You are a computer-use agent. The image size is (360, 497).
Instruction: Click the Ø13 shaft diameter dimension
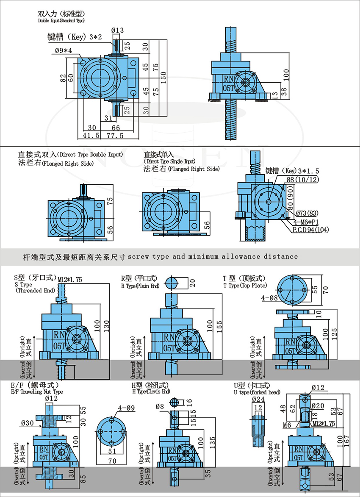tap(117, 30)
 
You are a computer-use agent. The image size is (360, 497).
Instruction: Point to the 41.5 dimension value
tap(89, 136)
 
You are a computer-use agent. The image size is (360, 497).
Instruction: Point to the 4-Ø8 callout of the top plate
tap(270, 298)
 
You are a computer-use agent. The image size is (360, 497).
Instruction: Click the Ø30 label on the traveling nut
tap(28, 422)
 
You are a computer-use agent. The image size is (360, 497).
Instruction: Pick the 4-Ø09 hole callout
tap(126, 408)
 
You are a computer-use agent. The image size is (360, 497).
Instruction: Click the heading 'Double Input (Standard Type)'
tap(61, 20)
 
